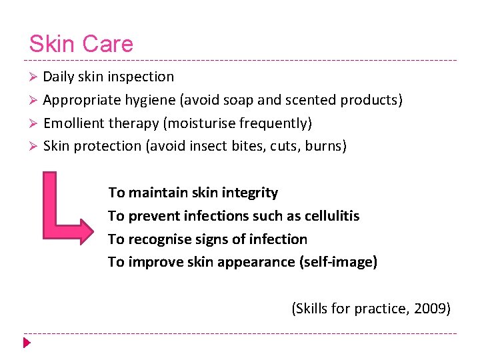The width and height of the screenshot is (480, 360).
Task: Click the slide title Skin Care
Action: click(81, 44)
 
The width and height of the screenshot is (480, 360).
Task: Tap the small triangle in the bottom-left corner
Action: click(27, 343)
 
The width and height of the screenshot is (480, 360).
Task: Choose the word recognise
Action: click(157, 239)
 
